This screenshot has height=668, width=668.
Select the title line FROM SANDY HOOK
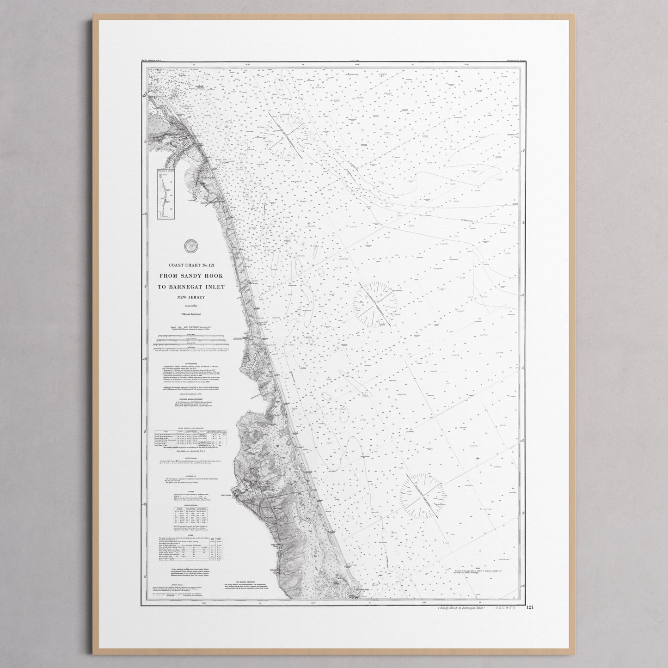click(x=190, y=276)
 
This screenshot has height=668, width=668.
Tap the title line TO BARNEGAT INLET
click(x=191, y=287)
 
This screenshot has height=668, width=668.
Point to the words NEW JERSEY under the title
click(x=190, y=297)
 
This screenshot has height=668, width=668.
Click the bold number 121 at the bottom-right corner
click(x=529, y=607)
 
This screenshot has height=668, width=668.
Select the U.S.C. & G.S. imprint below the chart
click(x=509, y=608)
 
